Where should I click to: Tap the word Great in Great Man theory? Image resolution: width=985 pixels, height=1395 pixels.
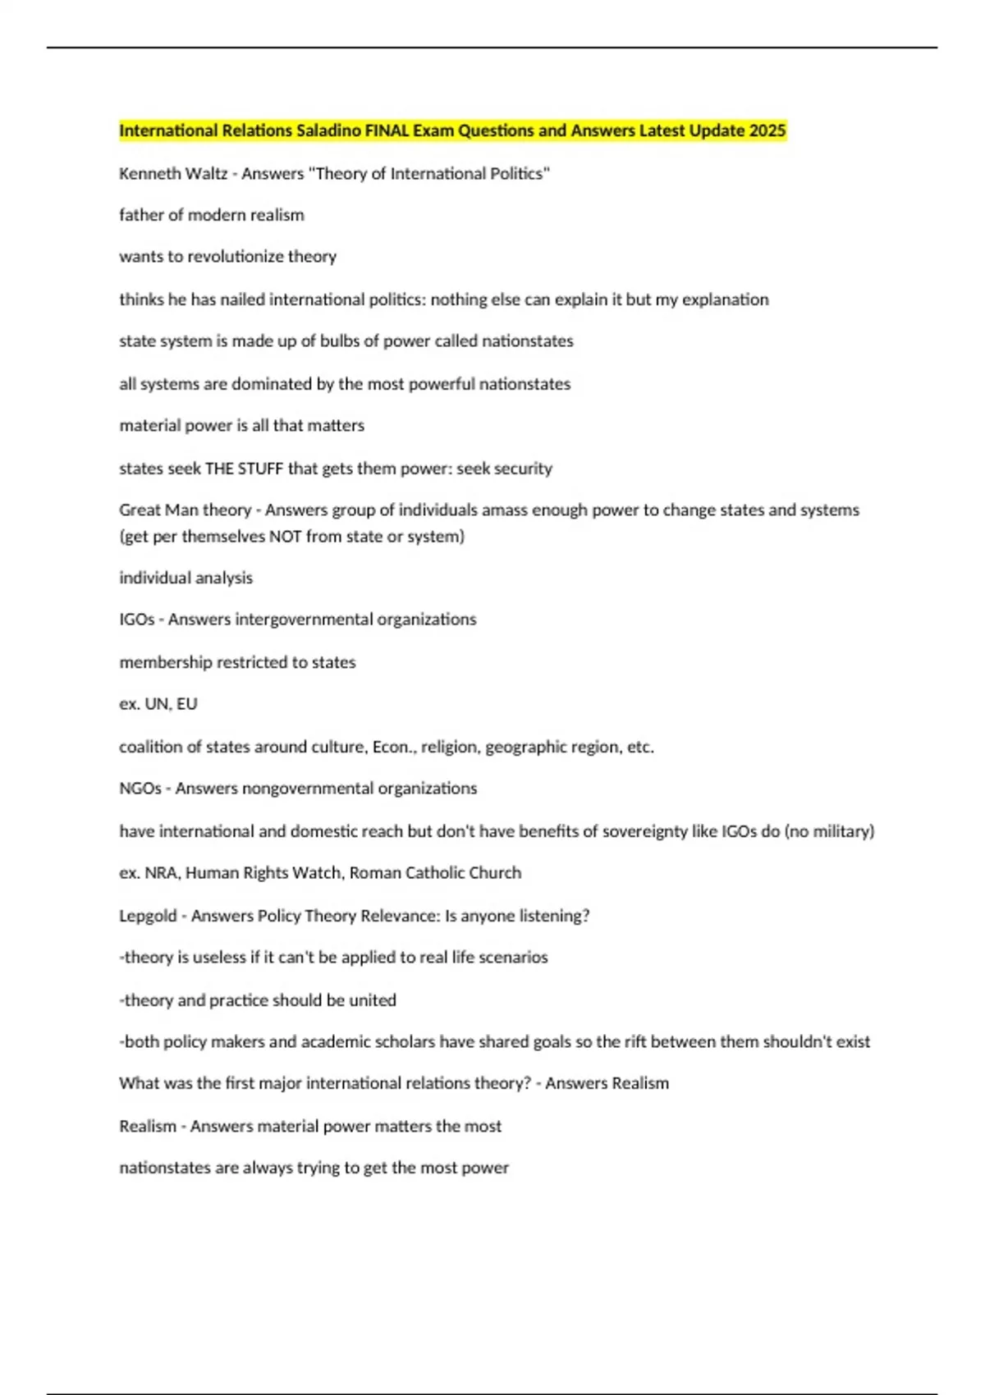coord(140,510)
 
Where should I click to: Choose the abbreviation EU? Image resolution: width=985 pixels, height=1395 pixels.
coord(187,704)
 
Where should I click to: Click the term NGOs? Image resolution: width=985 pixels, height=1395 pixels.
coord(140,789)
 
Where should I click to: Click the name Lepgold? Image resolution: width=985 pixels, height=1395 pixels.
coord(148,916)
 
